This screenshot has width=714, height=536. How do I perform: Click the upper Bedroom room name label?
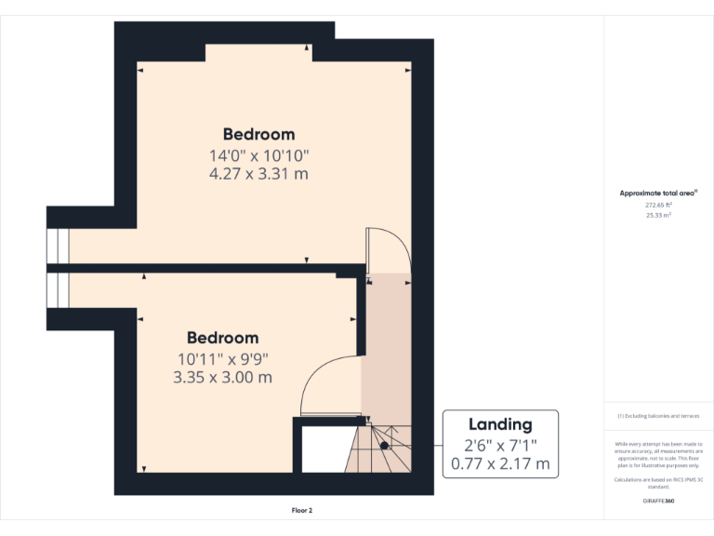tap(258, 134)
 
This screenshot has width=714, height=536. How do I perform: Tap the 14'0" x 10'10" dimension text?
tap(258, 155)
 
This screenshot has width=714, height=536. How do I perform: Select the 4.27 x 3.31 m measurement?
tap(258, 173)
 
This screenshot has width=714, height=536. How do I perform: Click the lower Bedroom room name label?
tap(222, 338)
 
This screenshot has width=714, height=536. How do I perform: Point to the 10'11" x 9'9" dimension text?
tap(222, 358)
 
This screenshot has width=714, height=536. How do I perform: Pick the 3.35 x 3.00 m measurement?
tap(222, 377)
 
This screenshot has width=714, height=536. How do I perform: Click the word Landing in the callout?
tap(500, 424)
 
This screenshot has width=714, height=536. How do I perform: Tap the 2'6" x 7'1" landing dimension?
tap(500, 444)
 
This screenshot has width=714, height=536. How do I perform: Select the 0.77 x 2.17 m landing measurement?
tap(500, 462)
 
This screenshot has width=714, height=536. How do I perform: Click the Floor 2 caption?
tap(302, 510)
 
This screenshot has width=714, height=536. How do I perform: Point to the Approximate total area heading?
tap(658, 194)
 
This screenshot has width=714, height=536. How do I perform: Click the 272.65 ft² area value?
tap(658, 205)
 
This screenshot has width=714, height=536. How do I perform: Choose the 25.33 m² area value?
tap(658, 215)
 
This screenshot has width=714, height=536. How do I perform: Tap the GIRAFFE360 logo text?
tap(658, 501)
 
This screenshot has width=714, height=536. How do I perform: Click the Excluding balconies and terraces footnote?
tap(658, 416)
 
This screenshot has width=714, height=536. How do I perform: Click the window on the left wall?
tap(58, 270)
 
